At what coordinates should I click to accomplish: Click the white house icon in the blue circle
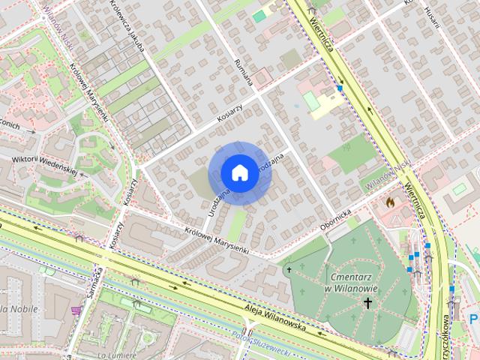click(238, 172)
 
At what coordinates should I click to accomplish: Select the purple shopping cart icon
click(76, 309)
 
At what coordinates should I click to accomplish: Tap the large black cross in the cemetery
click(367, 303)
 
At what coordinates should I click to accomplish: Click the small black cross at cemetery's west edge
click(289, 268)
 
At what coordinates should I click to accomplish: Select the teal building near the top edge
click(259, 16)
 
